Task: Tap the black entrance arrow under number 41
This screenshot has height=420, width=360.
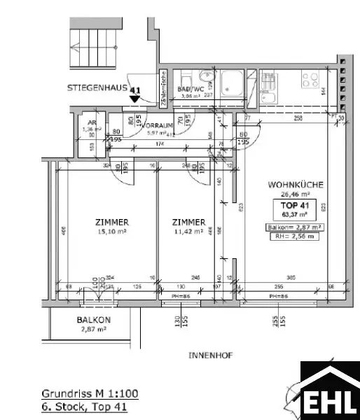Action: (x=134, y=100)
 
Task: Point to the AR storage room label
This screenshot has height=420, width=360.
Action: (x=92, y=120)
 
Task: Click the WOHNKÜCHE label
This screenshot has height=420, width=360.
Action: (x=295, y=185)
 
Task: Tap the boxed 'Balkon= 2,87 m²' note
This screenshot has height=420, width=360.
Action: (x=294, y=227)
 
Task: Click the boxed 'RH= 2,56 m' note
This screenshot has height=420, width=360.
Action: (x=294, y=237)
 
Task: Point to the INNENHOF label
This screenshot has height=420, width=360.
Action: (x=210, y=356)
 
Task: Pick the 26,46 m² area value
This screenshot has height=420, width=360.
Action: (x=295, y=195)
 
